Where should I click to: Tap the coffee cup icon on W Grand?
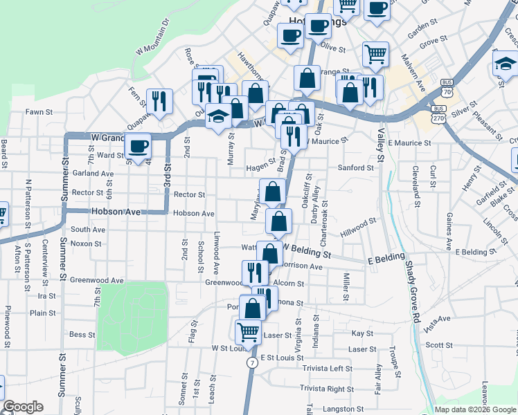point(138,146)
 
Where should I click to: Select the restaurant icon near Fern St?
point(160,101)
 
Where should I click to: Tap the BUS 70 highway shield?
point(446,91)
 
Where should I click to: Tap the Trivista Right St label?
point(328,389)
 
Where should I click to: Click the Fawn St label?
point(39,112)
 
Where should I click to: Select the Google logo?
point(23,407)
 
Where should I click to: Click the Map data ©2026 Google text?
point(474,409)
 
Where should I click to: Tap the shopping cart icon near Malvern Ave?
point(375,53)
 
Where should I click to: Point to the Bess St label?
point(82,335)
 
